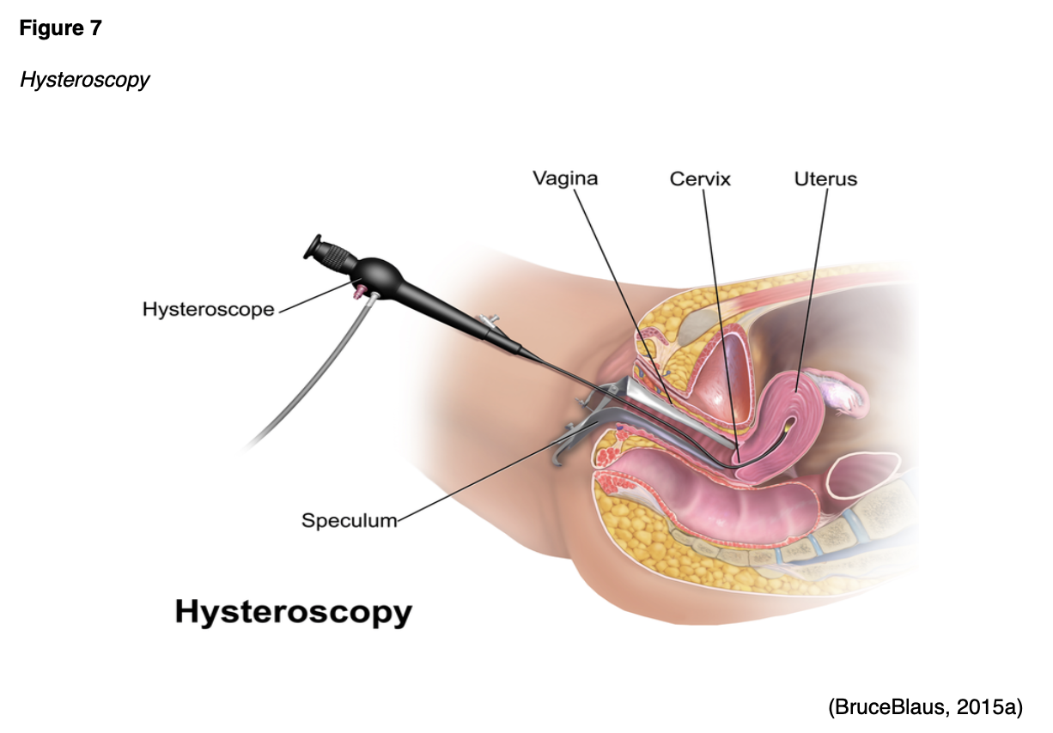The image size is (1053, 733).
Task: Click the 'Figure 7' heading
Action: pyautogui.click(x=60, y=28)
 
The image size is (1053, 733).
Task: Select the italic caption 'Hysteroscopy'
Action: pyautogui.click(x=84, y=80)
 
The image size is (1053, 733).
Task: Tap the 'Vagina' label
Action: pyautogui.click(x=564, y=179)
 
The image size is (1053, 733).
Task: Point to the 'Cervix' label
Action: pyautogui.click(x=700, y=179)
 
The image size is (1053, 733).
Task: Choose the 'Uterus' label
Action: pyautogui.click(x=825, y=179)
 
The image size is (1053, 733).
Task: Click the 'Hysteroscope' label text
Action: pyautogui.click(x=208, y=309)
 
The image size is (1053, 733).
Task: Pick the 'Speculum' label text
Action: pyautogui.click(x=349, y=520)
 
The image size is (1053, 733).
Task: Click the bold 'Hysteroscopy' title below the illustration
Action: pyautogui.click(x=293, y=613)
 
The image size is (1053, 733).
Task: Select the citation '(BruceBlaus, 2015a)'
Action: pyautogui.click(x=925, y=707)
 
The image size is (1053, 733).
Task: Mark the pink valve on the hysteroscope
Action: pyautogui.click(x=356, y=293)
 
